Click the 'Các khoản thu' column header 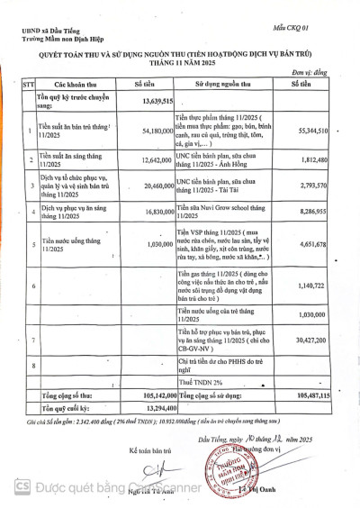[69, 83]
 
